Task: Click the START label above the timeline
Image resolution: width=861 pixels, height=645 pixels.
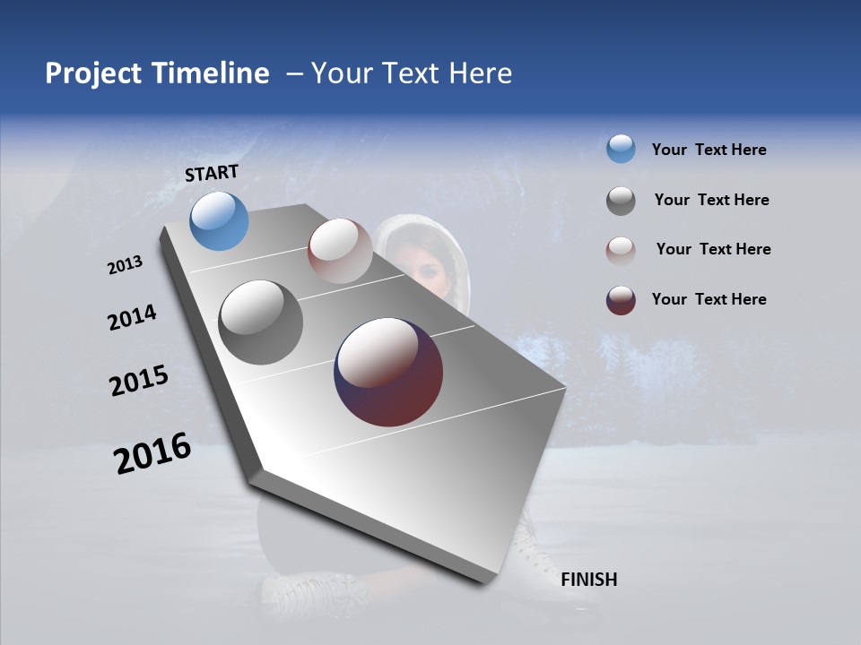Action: click(x=212, y=173)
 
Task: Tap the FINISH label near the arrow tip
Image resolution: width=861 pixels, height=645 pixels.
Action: click(x=588, y=580)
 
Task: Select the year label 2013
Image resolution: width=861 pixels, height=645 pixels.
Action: click(x=125, y=265)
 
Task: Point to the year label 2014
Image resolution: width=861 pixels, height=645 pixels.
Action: click(x=132, y=318)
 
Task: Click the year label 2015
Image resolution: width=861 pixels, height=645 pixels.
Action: click(x=138, y=381)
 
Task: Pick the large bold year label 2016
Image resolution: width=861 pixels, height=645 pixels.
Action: click(x=152, y=453)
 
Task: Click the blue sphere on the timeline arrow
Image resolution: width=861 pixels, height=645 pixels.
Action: click(x=220, y=220)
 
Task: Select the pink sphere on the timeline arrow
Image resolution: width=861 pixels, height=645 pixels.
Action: click(x=340, y=250)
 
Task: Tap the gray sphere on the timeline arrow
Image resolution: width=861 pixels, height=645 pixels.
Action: click(x=261, y=322)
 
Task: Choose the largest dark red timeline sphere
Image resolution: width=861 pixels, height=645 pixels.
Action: click(x=388, y=372)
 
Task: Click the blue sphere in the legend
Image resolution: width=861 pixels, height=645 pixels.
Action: click(x=621, y=149)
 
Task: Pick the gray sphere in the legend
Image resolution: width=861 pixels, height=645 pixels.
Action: click(x=621, y=201)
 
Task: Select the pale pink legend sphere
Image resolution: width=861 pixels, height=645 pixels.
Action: click(x=621, y=251)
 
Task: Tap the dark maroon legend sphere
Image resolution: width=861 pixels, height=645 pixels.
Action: click(x=621, y=300)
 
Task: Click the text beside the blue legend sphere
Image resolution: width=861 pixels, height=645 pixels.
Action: click(x=709, y=150)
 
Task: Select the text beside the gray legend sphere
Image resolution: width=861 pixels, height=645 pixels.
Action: click(x=711, y=200)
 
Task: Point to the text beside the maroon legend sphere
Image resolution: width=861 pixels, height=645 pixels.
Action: click(x=709, y=299)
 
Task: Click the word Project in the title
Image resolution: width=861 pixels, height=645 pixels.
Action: click(x=94, y=73)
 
